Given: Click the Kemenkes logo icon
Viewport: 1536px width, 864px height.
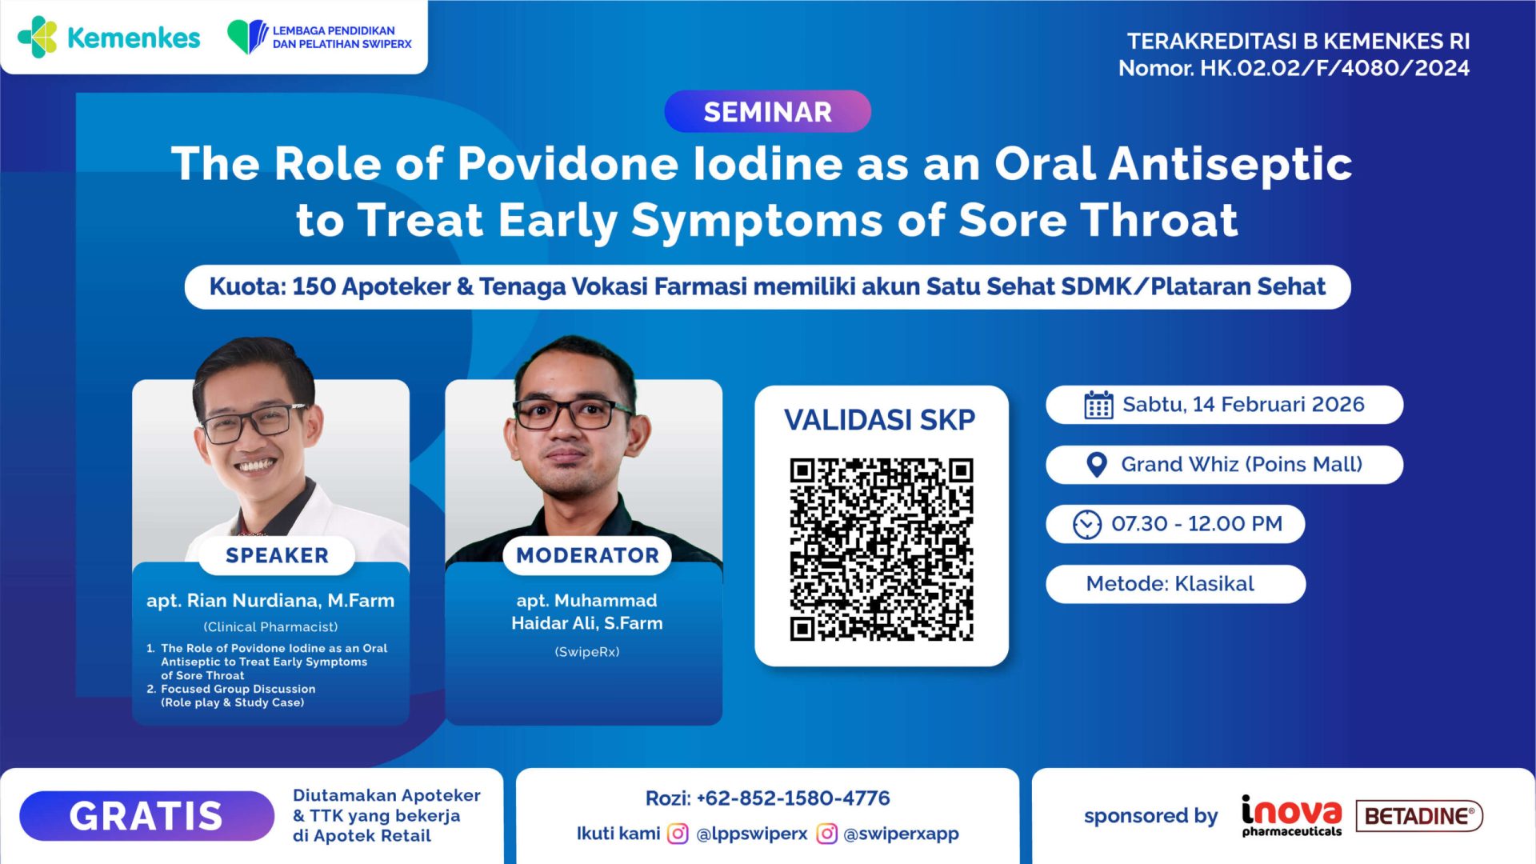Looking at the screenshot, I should [38, 37].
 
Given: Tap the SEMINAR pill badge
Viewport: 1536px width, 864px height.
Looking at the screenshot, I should [767, 112].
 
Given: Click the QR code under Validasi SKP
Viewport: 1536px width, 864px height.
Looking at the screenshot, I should [881, 549].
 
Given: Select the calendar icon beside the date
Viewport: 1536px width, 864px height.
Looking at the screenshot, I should [1098, 405].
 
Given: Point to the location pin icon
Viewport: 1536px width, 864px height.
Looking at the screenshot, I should [1097, 465].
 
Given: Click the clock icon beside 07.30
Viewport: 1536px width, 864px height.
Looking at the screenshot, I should [1086, 525].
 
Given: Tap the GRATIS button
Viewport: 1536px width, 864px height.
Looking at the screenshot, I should [146, 816].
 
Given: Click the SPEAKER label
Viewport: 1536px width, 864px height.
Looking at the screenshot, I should [277, 555].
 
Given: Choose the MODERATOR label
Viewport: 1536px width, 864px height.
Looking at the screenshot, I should [587, 555].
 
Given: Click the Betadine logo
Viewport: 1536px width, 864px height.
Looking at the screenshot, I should [1419, 816].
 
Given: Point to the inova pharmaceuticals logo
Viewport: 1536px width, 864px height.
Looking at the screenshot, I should [1291, 816].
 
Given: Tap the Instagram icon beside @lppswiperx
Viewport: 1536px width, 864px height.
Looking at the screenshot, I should [678, 834].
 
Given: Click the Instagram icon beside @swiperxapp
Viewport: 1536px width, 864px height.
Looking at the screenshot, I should [826, 834].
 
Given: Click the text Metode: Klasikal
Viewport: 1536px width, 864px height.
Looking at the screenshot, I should [1170, 584].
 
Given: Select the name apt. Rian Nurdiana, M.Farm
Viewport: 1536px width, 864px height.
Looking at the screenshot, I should [270, 601].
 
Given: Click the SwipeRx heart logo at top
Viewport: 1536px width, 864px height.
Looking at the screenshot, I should [247, 37].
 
